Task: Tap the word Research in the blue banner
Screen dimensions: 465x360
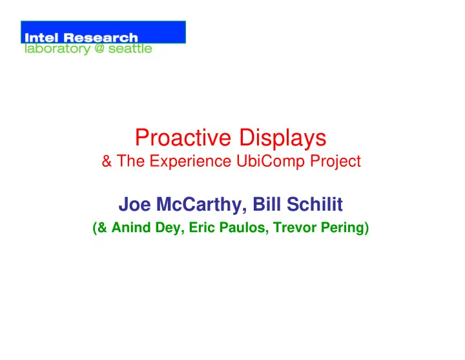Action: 101,37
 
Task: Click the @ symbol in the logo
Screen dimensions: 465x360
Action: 99,48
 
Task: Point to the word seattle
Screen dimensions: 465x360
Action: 130,48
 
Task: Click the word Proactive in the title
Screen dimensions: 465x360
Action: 183,138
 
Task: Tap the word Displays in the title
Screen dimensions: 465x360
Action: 283,138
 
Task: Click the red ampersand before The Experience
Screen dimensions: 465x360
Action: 107,161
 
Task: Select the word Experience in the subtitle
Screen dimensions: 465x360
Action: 191,162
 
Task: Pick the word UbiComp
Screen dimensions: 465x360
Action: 271,162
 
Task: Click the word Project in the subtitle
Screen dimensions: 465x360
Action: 335,162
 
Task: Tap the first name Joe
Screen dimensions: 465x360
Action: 134,204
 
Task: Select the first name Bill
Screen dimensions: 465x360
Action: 267,204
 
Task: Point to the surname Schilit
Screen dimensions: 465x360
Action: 315,204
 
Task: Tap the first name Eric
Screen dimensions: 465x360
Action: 198,228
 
